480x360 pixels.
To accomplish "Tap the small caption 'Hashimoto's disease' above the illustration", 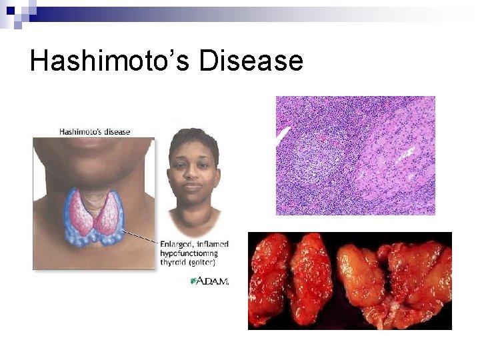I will tap(95, 131).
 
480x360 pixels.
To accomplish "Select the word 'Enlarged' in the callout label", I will tap(179, 244).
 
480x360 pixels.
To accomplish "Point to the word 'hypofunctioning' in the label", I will tap(189, 253).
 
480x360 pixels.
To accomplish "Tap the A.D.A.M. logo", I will tap(210, 281).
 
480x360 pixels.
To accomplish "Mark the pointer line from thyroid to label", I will tap(140, 234).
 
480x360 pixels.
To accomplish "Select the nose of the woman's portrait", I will tap(192, 175).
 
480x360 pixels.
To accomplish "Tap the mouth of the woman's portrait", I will tap(192, 188).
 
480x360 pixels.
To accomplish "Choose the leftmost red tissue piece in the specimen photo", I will tap(270, 280).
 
